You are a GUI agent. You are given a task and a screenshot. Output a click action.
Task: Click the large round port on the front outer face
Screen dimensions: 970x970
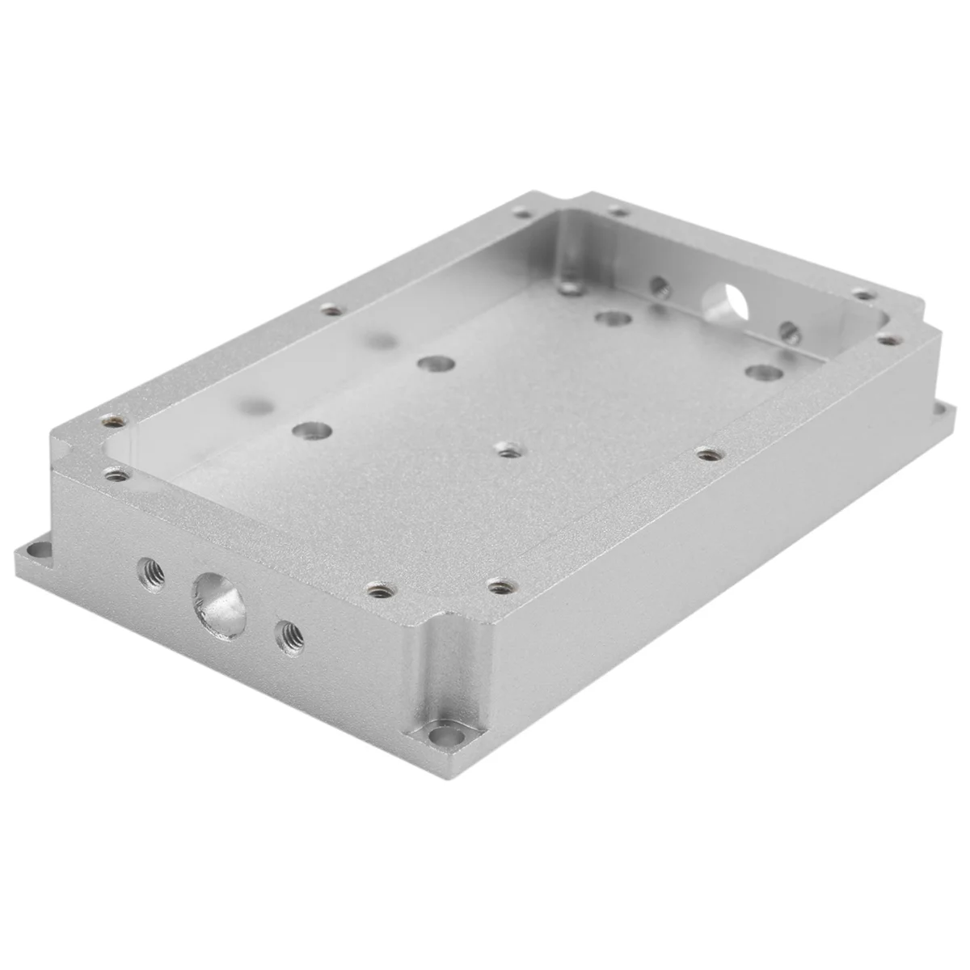tap(218, 605)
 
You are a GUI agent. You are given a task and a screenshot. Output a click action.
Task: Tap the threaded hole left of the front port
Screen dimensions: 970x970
tap(151, 573)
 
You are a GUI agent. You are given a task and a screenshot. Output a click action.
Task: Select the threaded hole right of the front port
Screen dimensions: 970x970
tap(289, 638)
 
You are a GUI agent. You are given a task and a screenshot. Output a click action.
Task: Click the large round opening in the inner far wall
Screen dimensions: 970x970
tap(724, 306)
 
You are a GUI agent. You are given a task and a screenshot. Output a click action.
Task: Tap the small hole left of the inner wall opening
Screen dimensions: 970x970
tap(660, 285)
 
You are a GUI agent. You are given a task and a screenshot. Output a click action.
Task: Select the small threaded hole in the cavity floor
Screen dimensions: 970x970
tap(507, 449)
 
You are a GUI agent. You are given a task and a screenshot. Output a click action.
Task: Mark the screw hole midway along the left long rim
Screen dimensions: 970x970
tap(330, 308)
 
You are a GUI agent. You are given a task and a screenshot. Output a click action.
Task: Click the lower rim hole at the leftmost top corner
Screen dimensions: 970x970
tap(117, 474)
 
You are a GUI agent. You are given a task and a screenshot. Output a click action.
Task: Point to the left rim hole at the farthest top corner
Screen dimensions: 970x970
tap(523, 213)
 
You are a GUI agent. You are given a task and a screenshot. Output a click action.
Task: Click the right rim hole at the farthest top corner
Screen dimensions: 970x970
tap(618, 212)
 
